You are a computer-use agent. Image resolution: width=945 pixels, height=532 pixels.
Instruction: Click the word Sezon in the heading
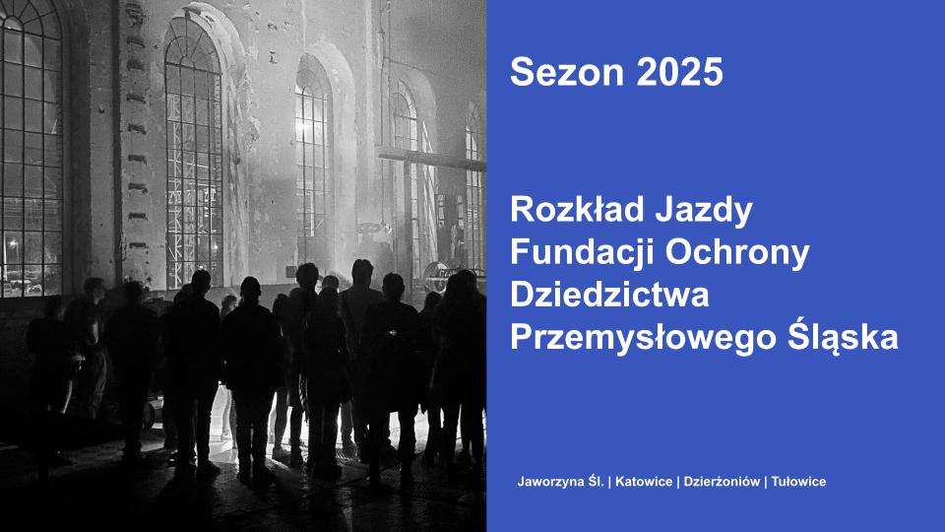click(567, 72)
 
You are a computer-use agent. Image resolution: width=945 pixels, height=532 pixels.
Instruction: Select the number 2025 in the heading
click(679, 72)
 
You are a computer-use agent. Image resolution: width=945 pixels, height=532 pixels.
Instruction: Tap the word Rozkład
click(578, 209)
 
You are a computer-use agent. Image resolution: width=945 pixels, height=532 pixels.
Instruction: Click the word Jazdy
click(704, 211)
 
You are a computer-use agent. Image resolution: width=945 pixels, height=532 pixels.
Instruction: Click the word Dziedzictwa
click(609, 295)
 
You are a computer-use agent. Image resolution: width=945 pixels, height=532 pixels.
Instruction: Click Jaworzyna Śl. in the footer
click(560, 482)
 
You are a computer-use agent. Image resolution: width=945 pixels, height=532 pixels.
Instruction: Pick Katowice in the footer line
click(644, 482)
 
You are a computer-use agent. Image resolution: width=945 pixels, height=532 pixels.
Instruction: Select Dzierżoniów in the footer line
click(722, 482)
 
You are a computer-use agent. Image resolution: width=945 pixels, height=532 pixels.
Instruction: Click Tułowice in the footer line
click(798, 482)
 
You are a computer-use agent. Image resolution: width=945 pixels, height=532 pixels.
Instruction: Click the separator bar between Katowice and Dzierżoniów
click(678, 482)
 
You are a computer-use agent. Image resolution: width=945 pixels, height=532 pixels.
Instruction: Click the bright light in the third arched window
click(300, 126)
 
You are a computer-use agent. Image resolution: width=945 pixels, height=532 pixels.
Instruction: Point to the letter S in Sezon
click(521, 72)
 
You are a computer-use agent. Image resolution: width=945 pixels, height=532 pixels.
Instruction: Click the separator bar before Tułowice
click(766, 482)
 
